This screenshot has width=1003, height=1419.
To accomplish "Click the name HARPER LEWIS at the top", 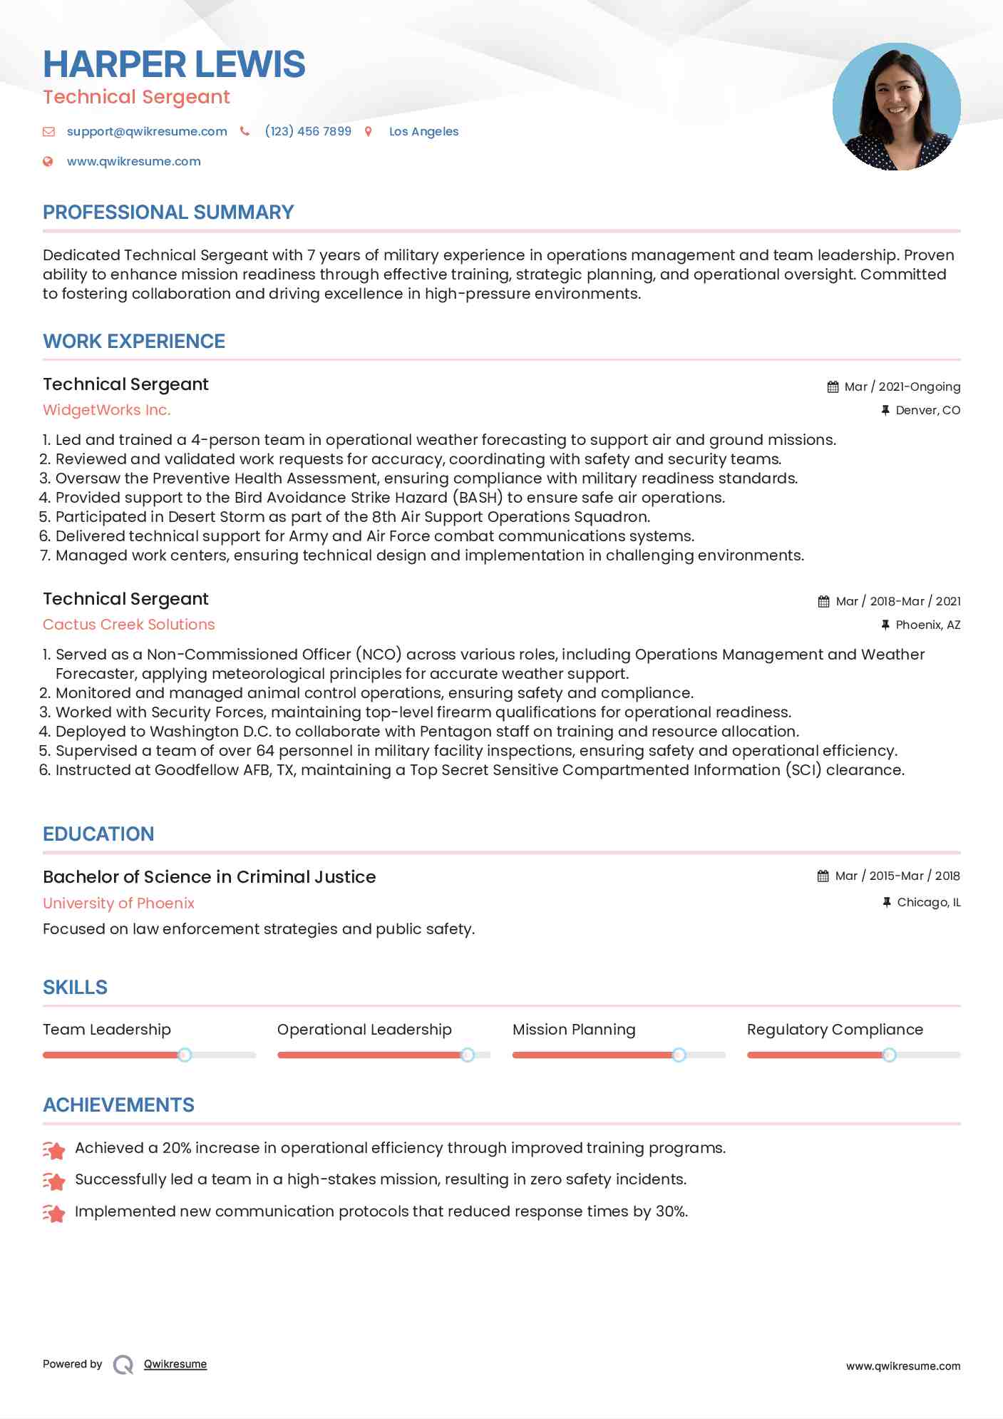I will click(x=174, y=64).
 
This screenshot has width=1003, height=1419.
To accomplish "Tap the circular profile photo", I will click(x=896, y=107).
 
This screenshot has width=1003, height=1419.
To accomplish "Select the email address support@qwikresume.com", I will click(x=147, y=131).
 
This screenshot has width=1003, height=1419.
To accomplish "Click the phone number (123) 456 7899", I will click(x=308, y=131).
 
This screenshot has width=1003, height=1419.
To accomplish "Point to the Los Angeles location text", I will click(x=423, y=131).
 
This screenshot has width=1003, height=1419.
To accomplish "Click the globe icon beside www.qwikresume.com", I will click(x=48, y=161).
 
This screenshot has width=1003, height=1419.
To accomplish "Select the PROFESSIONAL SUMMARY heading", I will click(x=168, y=212).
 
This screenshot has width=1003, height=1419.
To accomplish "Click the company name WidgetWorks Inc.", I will click(x=107, y=410).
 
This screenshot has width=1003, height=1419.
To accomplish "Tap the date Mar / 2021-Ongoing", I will click(x=902, y=386).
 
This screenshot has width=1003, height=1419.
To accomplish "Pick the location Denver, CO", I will click(x=927, y=410).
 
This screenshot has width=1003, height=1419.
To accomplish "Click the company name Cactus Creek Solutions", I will click(x=129, y=625).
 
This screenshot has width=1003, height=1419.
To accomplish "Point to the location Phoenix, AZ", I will click(x=927, y=625).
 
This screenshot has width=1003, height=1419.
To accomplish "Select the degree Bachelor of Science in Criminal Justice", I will click(x=209, y=877).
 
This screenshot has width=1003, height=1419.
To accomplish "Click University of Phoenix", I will click(x=118, y=903).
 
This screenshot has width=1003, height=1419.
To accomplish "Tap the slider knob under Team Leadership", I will click(x=185, y=1055).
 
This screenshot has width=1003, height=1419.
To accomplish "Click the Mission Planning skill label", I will click(x=574, y=1030).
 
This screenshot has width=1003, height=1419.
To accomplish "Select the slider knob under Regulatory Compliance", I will click(x=889, y=1055).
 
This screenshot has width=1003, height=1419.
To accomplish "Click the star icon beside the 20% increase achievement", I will click(x=53, y=1149).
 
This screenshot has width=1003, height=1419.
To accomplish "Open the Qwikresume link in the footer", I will click(x=175, y=1364).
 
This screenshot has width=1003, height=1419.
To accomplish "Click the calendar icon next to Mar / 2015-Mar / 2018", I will click(x=823, y=876).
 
